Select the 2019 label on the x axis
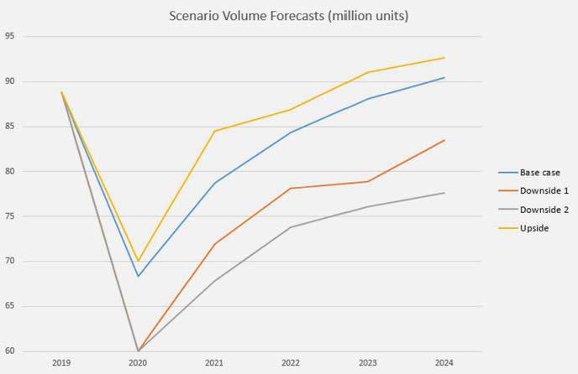(x=61, y=363)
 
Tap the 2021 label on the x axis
(x=215, y=363)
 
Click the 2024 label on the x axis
(x=444, y=363)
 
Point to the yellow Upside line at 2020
(x=139, y=261)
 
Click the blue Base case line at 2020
(x=139, y=276)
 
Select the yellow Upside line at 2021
(x=215, y=131)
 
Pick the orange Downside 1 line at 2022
(x=292, y=188)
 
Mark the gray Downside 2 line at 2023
(x=368, y=206)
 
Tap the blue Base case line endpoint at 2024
(x=444, y=77)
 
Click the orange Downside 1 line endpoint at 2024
(x=444, y=140)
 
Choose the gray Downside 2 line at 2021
(x=215, y=281)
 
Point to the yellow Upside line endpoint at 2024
(x=444, y=57)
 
